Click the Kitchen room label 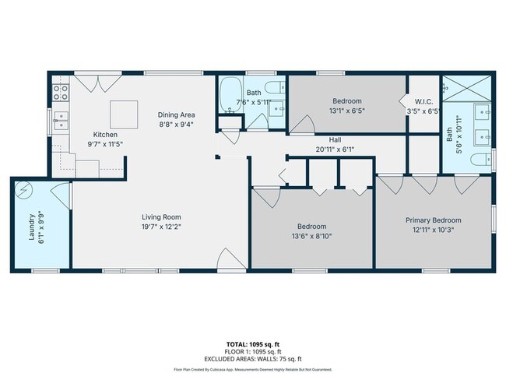pyautogui.click(x=105, y=134)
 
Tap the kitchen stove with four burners pyautogui.click(x=61, y=94)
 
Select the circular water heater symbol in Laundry pyautogui.click(x=26, y=192)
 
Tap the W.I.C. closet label pyautogui.click(x=423, y=101)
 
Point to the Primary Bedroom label pyautogui.click(x=434, y=220)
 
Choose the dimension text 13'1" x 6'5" pyautogui.click(x=347, y=111)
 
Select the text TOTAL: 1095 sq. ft pyautogui.click(x=253, y=343)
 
